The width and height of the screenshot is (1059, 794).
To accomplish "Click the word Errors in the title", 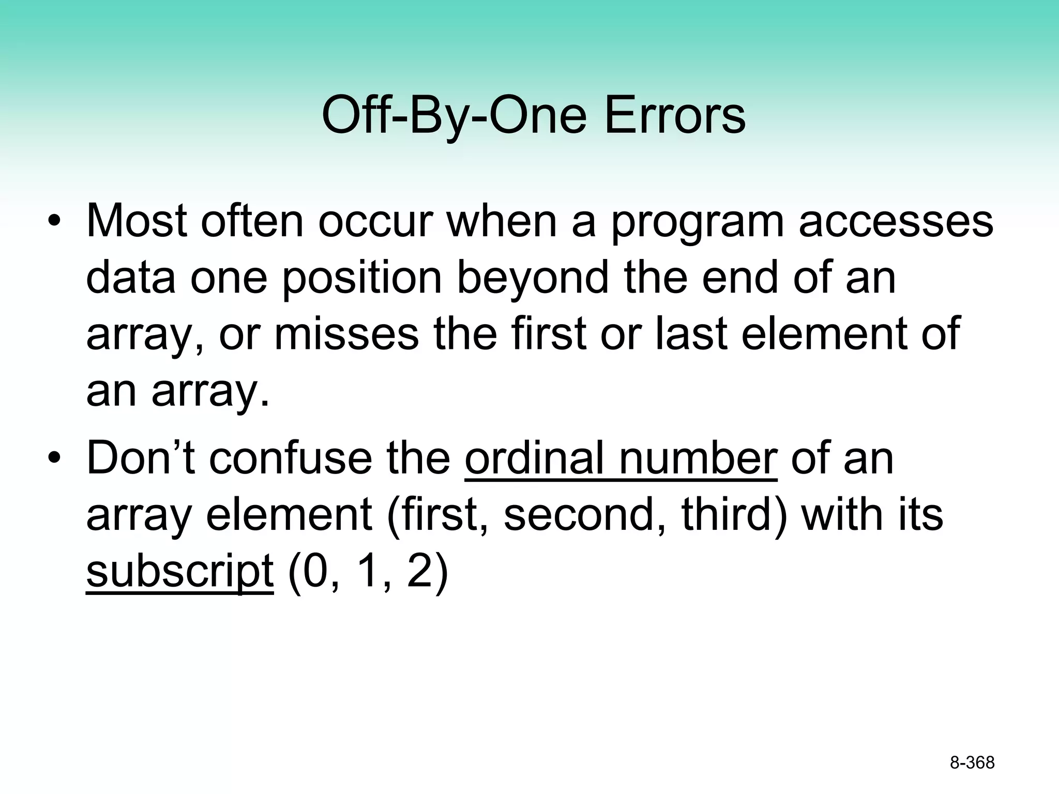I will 674,115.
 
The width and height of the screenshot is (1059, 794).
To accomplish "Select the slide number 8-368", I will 972,762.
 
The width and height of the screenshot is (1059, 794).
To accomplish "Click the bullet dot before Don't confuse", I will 54,460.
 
